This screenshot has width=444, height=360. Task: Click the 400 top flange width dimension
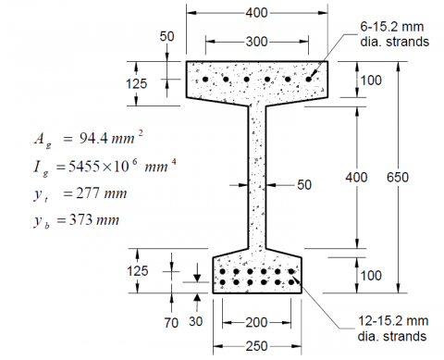[256, 13]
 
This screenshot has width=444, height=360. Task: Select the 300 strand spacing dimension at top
[256, 42]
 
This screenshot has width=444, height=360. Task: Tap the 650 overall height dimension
[398, 178]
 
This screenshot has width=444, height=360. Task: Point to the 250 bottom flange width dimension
[256, 346]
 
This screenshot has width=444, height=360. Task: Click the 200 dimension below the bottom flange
[256, 323]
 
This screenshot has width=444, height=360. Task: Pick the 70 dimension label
[171, 323]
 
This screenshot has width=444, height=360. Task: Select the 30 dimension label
[195, 321]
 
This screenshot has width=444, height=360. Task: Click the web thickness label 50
[304, 185]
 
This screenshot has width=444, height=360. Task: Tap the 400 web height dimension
[356, 178]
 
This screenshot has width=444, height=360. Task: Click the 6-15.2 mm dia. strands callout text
[394, 34]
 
